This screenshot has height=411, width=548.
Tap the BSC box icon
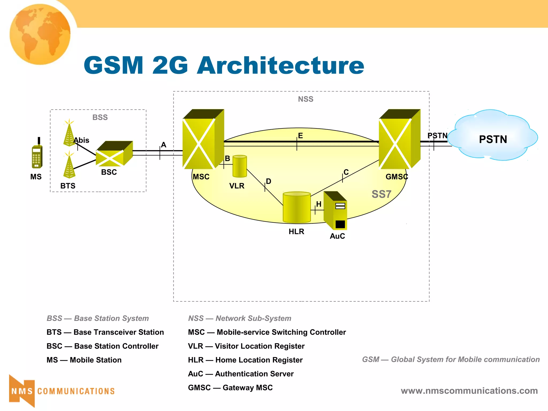pos(114,154)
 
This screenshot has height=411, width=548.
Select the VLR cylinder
pos(239,166)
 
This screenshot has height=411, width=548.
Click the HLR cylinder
pos(296,208)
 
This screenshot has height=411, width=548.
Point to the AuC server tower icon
pos(336,211)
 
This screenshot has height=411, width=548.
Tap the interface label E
pos(300,136)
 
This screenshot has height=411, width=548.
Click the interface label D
pos(269,181)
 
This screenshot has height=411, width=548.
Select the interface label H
pos(319,204)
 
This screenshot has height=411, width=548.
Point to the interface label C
pos(346,172)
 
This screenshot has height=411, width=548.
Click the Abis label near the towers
pos(81,140)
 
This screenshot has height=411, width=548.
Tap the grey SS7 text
pos(381,194)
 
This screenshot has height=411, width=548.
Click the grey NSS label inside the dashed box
pos(306,99)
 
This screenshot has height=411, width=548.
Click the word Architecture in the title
pos(280,66)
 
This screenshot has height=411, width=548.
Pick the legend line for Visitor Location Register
pos(246,346)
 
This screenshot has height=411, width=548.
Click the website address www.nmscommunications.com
pos(469,391)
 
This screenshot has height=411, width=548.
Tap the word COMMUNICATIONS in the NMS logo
pos(76,391)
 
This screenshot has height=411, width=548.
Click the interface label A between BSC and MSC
pos(163,145)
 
